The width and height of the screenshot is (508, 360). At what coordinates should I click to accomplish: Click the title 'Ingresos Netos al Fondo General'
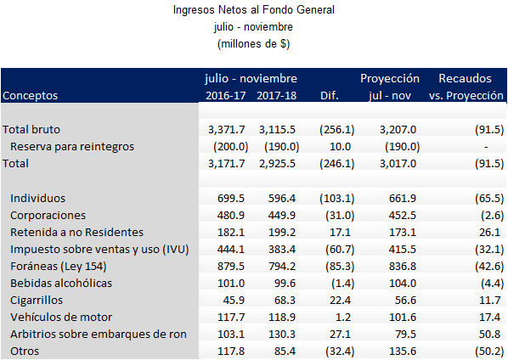click(254, 11)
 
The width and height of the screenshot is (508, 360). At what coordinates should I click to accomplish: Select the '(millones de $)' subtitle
click(254, 42)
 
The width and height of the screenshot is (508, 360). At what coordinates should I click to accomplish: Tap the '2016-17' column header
click(226, 96)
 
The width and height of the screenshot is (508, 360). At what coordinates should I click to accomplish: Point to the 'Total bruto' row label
click(32, 130)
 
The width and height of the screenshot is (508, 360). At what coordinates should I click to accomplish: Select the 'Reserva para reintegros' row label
click(72, 146)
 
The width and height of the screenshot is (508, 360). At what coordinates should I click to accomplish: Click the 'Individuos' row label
click(38, 198)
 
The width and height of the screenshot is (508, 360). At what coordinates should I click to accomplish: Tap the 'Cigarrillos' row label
click(38, 299)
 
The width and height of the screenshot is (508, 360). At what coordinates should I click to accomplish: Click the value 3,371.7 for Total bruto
click(226, 130)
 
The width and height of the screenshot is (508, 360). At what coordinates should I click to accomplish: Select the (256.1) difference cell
click(336, 130)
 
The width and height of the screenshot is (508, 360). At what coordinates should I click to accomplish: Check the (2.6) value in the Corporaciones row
click(488, 215)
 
